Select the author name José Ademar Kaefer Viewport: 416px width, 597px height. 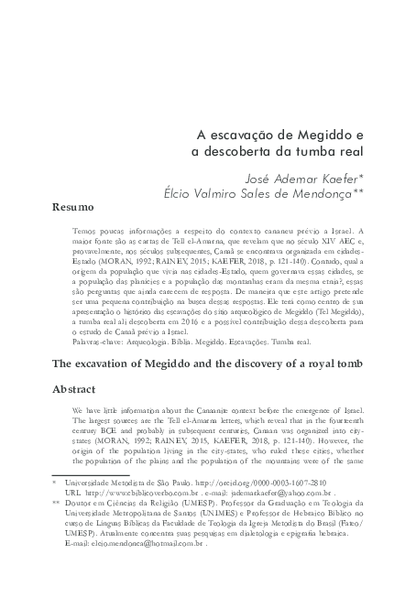[x=311, y=178]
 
